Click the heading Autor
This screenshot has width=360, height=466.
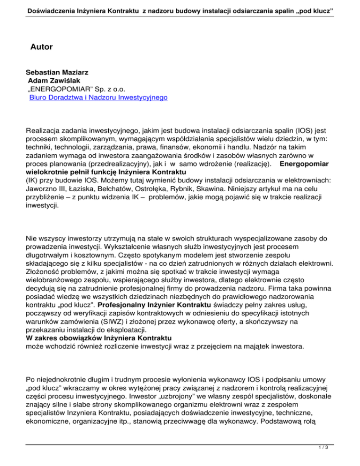(x=41, y=47)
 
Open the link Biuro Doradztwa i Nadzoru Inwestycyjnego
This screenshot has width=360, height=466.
(x=98, y=98)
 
